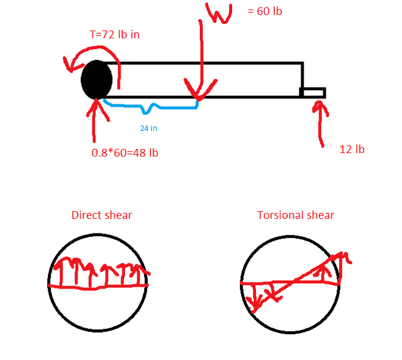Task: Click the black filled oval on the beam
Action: click(96, 79)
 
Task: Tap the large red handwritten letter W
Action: click(219, 13)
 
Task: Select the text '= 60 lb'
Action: click(265, 11)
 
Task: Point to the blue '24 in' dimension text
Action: click(149, 128)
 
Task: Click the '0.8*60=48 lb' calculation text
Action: click(125, 152)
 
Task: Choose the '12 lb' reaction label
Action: click(352, 149)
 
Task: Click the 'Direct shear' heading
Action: click(101, 215)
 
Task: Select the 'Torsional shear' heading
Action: click(296, 215)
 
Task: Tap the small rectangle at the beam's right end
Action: click(313, 92)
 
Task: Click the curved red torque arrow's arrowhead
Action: click(71, 61)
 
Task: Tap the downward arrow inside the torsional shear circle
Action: click(254, 298)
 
